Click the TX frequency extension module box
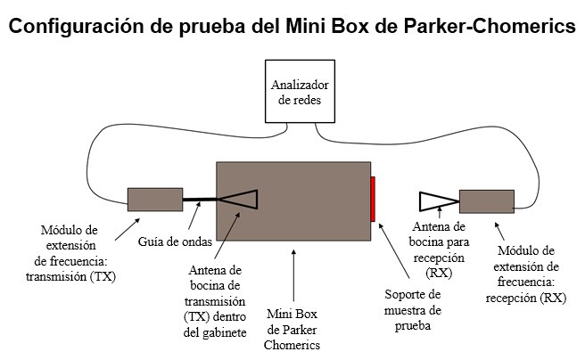[154, 199]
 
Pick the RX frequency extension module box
[486, 200]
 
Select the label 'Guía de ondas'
[170, 241]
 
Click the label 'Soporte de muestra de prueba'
[413, 310]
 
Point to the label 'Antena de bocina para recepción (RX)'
[439, 249]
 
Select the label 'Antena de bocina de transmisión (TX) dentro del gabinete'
[218, 302]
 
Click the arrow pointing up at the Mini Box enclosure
[294, 276]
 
